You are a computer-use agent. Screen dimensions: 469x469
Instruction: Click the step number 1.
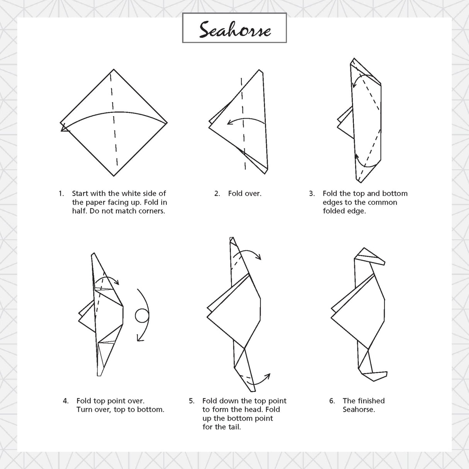(x=61, y=194)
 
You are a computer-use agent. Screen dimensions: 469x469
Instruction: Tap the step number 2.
(x=217, y=194)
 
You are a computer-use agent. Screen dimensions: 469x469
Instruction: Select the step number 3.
(x=311, y=194)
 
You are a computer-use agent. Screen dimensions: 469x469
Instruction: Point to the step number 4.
(x=66, y=401)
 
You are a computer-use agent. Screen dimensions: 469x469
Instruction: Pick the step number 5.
(x=191, y=401)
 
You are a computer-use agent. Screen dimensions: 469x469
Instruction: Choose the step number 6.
(x=332, y=401)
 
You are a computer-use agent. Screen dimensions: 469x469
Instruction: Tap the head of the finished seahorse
(x=371, y=257)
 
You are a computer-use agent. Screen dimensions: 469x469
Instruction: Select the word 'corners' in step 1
(x=149, y=211)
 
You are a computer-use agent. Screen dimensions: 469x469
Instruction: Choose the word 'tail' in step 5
(x=233, y=427)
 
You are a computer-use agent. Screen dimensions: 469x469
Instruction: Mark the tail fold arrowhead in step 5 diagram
(x=268, y=375)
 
